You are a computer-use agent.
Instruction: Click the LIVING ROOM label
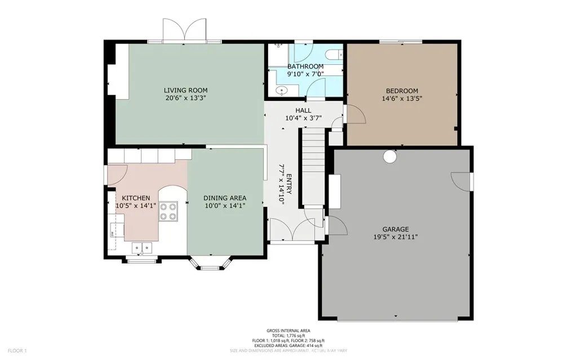coord(185,90)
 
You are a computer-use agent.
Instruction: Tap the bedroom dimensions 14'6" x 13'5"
coord(402,98)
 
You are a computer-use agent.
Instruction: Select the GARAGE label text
coord(395,229)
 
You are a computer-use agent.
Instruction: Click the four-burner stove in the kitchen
coord(168,211)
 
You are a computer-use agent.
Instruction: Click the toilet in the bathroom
coord(334,55)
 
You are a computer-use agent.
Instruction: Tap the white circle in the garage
coord(389,157)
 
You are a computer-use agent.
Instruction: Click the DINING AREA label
coord(225,198)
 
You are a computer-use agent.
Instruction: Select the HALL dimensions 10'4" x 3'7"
coord(303,118)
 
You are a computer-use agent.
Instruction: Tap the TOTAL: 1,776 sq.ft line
coord(288,336)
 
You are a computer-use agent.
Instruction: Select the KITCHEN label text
coord(136,198)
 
